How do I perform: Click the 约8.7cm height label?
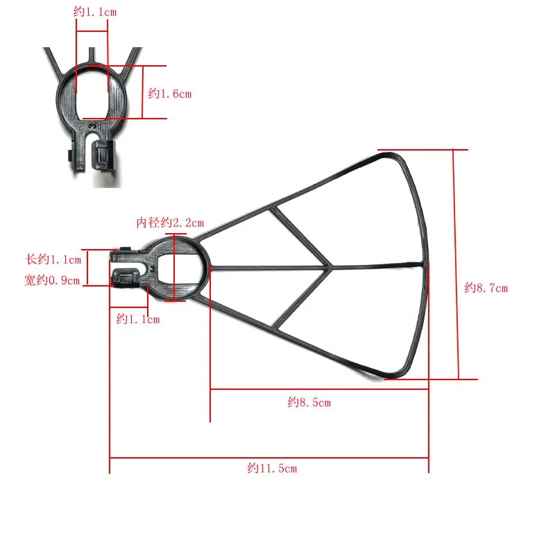pos(486,288)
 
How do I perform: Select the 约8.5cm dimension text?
pos(309,402)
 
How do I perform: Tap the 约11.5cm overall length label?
pos(272,468)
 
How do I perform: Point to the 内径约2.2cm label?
pos(170,223)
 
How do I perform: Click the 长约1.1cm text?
pos(53,259)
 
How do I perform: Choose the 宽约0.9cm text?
pos(52,280)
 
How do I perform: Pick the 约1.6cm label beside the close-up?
pos(170,94)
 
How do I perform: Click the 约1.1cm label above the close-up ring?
pos(95,12)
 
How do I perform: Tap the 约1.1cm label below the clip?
pos(138,319)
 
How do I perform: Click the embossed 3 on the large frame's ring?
pos(152,269)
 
